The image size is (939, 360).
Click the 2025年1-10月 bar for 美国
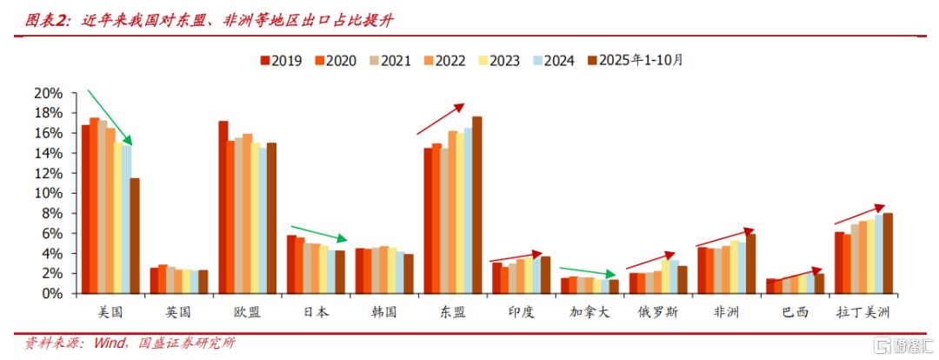coord(135,236)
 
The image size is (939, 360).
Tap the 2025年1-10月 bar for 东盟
coord(476,205)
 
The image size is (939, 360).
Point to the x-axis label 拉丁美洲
coord(862,311)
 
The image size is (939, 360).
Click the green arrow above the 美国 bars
coord(109,117)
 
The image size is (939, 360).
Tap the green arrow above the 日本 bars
coord(318,232)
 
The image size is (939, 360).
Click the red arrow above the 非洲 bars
coord(725,238)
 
